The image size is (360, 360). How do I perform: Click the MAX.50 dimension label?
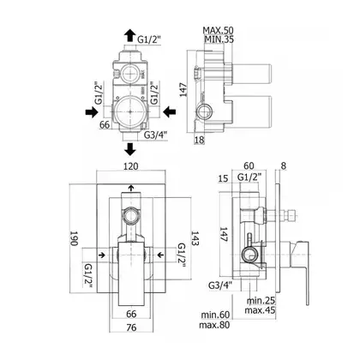[218, 30]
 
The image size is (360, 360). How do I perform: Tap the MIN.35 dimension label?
[219, 39]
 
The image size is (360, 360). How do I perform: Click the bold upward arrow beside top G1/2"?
[130, 36]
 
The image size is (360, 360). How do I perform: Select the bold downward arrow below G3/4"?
[130, 149]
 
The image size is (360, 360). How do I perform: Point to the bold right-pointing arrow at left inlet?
[92, 112]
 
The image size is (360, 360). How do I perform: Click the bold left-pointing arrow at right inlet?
[170, 111]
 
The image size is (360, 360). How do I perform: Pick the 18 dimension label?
[200, 140]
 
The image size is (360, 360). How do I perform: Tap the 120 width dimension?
[131, 166]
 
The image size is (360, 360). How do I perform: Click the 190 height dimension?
[74, 238]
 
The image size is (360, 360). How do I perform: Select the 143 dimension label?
[195, 238]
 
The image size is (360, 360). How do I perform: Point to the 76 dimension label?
[131, 327]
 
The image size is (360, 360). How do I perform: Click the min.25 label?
[261, 300]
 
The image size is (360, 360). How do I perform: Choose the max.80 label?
[214, 325]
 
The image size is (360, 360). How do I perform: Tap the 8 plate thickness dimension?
[284, 165]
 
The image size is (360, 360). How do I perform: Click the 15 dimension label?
[223, 178]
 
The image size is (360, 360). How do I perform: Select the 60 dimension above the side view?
[249, 165]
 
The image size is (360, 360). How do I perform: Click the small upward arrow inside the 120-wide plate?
[131, 188]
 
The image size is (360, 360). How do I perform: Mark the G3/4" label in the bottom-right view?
[220, 285]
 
